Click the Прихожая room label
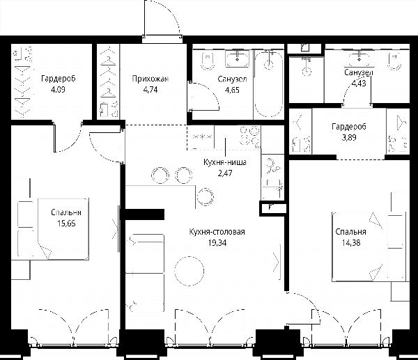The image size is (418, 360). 150,79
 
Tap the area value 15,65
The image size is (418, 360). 66,224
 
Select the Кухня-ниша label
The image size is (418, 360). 225,162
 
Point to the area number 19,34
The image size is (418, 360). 217,242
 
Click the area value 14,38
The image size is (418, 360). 351,242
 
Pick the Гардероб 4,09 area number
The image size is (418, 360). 58,90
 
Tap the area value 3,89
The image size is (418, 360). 349,137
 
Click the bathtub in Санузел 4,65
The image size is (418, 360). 268,84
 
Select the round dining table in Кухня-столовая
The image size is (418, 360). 189,271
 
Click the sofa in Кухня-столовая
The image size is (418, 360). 144,273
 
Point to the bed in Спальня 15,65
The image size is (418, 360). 63,228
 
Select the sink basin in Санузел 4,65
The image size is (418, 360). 238,58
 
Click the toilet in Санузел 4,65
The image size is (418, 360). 208,61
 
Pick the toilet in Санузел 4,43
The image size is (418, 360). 395,61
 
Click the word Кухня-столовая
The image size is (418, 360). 217,232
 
